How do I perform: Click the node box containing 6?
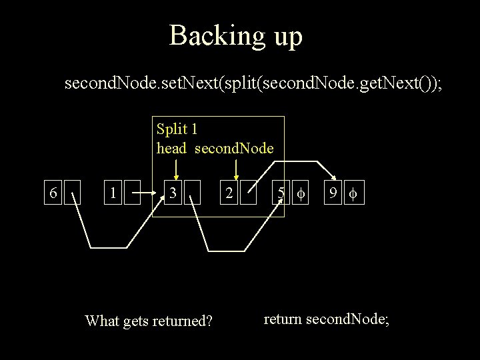pyautogui.click(x=52, y=194)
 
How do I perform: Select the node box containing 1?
pyautogui.click(x=115, y=194)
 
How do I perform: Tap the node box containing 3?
pyautogui.click(x=173, y=194)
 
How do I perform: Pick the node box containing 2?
pyautogui.click(x=229, y=194)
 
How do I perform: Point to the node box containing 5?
pyautogui.click(x=282, y=194)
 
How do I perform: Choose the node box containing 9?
pyautogui.click(x=331, y=194)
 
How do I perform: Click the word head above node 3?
pyautogui.click(x=171, y=148)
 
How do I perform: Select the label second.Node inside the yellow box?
pyautogui.click(x=234, y=148)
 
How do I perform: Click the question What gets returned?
pyautogui.click(x=149, y=321)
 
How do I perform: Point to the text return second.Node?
pyautogui.click(x=326, y=319)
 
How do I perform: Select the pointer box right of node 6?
pyautogui.click(x=72, y=194)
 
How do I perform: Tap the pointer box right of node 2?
pyautogui.click(x=250, y=194)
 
